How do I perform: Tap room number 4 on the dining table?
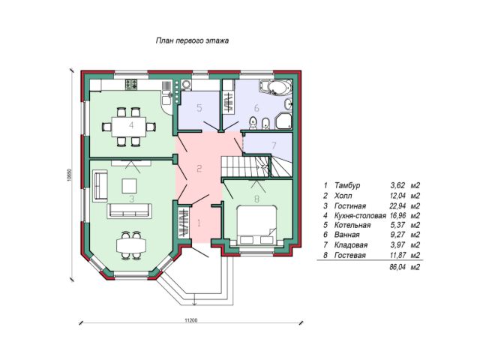(131, 124)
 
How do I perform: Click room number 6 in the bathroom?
(256, 107)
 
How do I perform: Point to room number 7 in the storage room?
(274, 144)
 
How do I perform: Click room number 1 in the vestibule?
(199, 222)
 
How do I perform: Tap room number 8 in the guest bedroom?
(256, 199)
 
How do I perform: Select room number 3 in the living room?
(131, 199)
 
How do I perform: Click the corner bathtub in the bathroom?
(283, 88)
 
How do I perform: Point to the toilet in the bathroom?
(253, 121)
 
